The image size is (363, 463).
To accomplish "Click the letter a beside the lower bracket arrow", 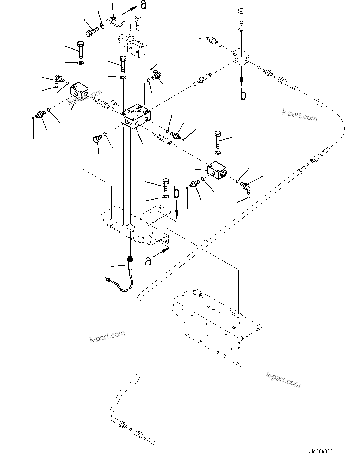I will tap(148, 261).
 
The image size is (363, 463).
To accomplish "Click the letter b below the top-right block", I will tap(243, 94).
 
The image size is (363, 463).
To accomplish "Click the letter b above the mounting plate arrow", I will tap(177, 193).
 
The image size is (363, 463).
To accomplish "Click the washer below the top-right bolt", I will tap(241, 30).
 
